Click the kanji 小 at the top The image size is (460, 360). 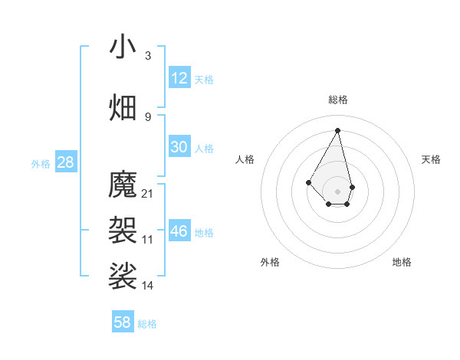pos(123,47)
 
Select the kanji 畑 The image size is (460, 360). pos(123,106)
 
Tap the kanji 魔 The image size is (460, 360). pos(123,185)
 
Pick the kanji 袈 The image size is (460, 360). pos(123,228)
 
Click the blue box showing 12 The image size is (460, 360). pos(179,78)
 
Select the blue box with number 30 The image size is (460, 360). pos(179,147)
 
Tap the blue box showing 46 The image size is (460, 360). pos(179,231)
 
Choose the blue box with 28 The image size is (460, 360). pos(65,162)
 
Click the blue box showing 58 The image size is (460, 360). pos(123,322)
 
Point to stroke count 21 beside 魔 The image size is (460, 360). pos(148,193)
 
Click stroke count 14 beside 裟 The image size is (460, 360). pos(148,285)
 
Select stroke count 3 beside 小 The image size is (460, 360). pos(148,55)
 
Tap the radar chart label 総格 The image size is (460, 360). pos(337,100)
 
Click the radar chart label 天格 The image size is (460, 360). pos(431,159)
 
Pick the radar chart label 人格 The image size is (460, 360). pos(245,159)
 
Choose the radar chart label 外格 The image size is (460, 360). pos(270,262)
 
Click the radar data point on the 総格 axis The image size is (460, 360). pos(337,129)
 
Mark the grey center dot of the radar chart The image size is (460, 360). pos(337,191)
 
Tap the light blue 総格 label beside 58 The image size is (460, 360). pos(147,324)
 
